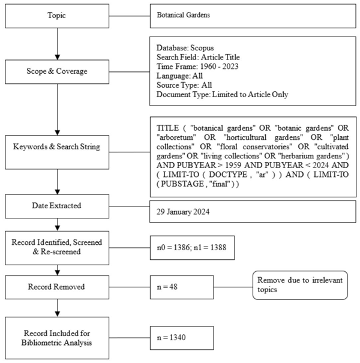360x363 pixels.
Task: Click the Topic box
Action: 57,16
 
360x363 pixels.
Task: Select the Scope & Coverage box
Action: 57,72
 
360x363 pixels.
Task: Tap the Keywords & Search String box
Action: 57,152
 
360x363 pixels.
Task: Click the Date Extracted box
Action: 57,206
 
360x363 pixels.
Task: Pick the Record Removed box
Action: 57,287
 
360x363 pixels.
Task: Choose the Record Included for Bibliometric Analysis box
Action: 57,338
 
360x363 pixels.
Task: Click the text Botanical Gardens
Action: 184,15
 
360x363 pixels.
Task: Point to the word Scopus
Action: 202,48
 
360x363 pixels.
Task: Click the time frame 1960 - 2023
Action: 219,67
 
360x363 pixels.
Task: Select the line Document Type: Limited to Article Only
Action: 222,94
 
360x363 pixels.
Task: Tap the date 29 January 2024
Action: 183,212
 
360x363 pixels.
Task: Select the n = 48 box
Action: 182,287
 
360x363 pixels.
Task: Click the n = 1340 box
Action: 182,338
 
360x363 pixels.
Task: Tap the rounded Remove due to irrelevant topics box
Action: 300,285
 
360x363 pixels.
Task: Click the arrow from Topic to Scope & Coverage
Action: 58,44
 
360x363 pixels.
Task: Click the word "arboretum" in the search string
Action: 176,137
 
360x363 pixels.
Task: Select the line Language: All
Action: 179,76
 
